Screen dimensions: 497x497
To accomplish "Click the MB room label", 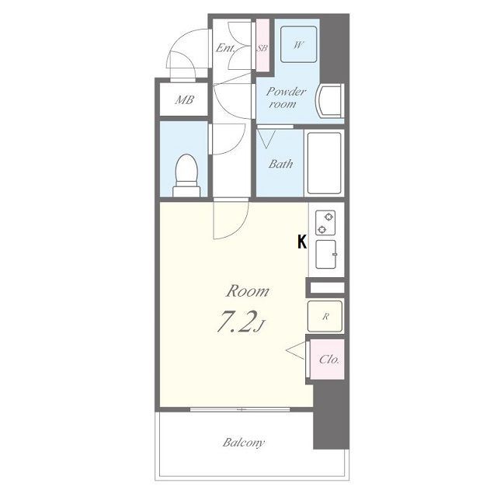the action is point(185,100).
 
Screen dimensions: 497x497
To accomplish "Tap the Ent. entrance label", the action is point(226,48).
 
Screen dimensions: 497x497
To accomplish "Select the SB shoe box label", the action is point(262,48).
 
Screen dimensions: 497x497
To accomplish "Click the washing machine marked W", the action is point(299,44).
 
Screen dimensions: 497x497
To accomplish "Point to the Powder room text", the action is point(286,98).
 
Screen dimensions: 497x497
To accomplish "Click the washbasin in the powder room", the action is point(329,100).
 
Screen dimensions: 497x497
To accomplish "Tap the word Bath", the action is point(280,164).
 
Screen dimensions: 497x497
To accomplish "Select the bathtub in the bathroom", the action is point(325,163).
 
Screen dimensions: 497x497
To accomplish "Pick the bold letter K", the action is point(302,242).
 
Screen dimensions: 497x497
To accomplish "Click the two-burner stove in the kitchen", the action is point(325,223).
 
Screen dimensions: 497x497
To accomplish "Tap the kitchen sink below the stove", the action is point(326,254).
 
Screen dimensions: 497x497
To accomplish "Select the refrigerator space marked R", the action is point(325,316).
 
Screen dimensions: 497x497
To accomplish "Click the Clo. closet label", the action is point(329,360).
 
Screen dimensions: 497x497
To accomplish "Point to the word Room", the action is point(248,291).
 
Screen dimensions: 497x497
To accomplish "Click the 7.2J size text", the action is point(241,321).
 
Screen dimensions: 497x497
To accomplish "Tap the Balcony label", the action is point(243,443).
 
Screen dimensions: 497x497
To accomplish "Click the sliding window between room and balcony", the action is point(240,409).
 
